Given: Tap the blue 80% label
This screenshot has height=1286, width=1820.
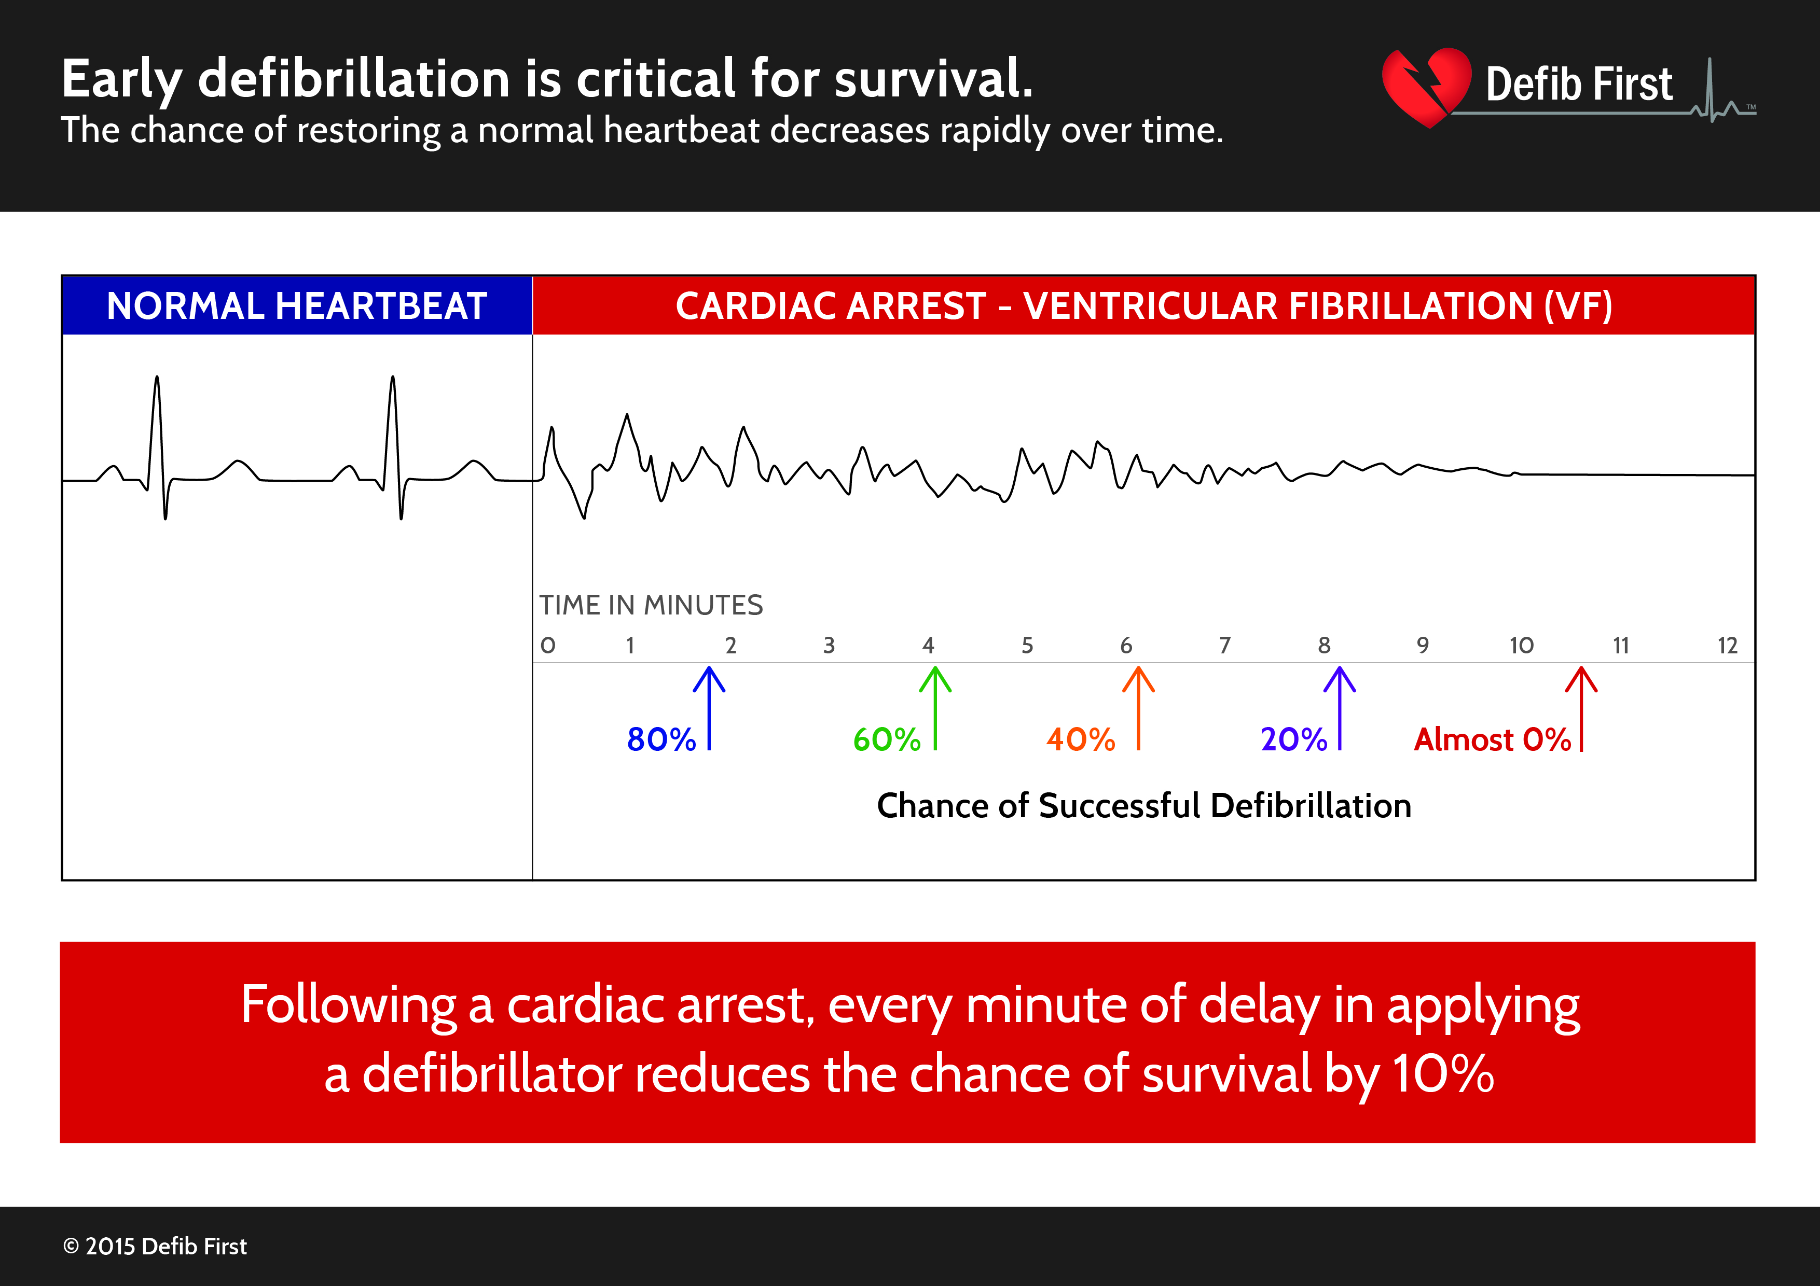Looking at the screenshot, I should pyautogui.click(x=660, y=739).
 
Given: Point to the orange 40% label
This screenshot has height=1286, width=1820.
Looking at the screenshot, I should pyautogui.click(x=1080, y=739).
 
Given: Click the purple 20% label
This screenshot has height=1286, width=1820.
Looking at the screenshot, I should pyautogui.click(x=1293, y=739).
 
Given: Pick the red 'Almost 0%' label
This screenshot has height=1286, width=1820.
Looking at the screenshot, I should pyautogui.click(x=1492, y=739).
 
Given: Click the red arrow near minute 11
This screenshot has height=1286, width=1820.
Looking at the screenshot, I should pyautogui.click(x=1581, y=708).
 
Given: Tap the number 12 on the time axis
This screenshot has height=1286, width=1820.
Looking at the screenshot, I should pyautogui.click(x=1727, y=645).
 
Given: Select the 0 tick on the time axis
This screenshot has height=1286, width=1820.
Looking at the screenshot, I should pyautogui.click(x=548, y=645).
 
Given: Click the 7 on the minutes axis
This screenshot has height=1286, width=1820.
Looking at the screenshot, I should pyautogui.click(x=1225, y=645).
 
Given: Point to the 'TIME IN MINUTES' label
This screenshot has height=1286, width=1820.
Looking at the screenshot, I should pyautogui.click(x=651, y=605).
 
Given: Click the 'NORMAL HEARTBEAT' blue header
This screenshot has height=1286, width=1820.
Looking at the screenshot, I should pyautogui.click(x=296, y=306).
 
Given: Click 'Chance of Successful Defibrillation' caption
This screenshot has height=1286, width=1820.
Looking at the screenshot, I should pyautogui.click(x=1144, y=806).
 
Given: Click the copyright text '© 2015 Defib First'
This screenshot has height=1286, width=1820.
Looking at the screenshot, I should pyautogui.click(x=155, y=1247).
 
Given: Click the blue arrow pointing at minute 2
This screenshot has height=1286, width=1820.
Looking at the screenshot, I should pyautogui.click(x=709, y=708).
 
